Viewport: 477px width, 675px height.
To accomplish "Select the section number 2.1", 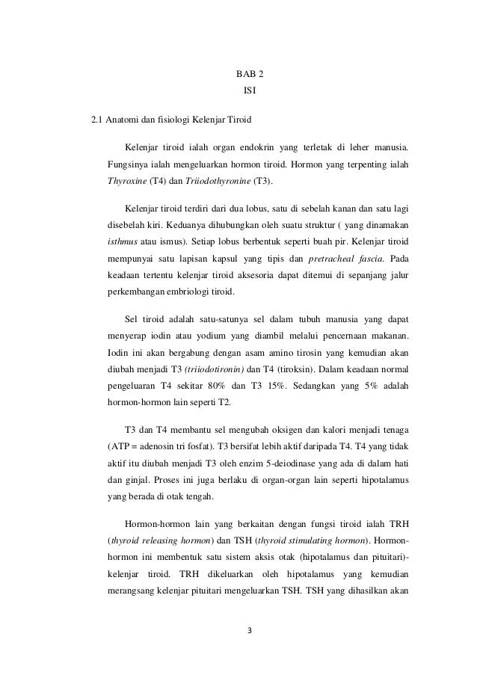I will (96, 119).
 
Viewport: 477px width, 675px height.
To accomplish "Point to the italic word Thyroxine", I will (128, 181).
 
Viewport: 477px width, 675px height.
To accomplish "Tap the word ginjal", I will (138, 482).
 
